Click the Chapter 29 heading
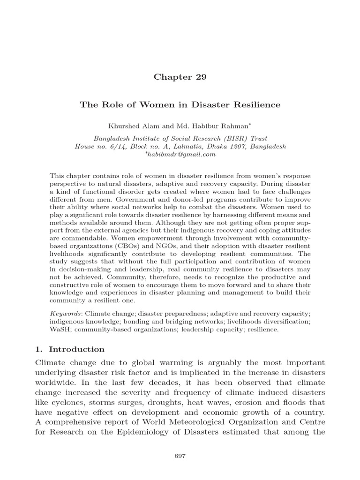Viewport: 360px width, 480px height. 180,77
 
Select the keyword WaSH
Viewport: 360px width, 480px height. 59,330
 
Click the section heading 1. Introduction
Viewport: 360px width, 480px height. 70,349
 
